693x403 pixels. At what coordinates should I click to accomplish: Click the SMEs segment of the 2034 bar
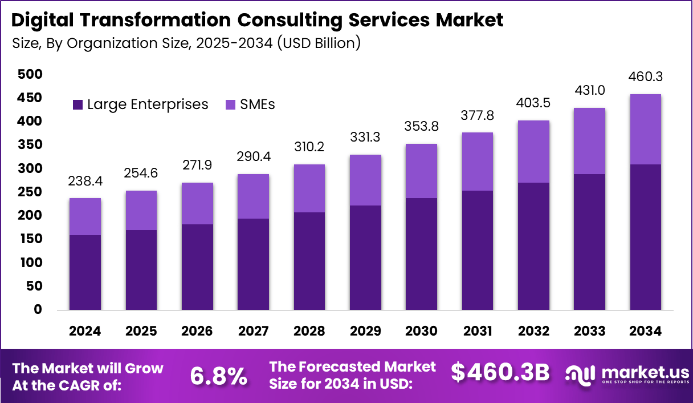coord(645,129)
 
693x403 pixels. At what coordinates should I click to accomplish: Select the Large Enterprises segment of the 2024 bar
coord(85,272)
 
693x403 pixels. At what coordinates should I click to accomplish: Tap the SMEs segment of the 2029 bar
coord(365,180)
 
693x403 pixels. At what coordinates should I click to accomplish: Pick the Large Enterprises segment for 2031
coord(477,250)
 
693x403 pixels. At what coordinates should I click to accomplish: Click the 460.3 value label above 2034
coord(646,77)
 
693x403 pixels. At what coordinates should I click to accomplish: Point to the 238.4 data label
coord(85,181)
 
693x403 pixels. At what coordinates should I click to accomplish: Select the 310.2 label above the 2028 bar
coord(309,147)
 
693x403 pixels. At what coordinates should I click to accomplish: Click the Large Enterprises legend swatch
coord(78,105)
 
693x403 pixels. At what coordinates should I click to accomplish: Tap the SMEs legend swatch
coord(231,105)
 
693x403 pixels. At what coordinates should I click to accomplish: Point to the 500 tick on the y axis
coord(30,74)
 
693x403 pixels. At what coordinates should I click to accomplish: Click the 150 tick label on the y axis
coord(30,239)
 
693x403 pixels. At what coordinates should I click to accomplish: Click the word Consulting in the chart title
coord(292,21)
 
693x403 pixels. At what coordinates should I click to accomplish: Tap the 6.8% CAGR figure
coord(218,375)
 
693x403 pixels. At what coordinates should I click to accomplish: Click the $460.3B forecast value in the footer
coord(500,372)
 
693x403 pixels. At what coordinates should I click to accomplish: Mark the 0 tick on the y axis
coord(38,310)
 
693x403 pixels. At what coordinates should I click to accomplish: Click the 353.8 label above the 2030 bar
coord(421,126)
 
